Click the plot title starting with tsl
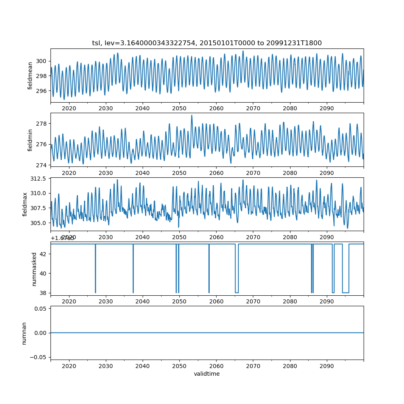pos(207,43)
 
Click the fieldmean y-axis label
pos(30,76)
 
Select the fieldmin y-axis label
pos(30,140)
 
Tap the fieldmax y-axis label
pos(25,204)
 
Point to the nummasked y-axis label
pos(34,269)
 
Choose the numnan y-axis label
pos(24,333)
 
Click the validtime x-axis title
pos(207,374)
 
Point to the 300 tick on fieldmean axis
pos(42,61)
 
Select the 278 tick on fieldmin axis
pos(42,123)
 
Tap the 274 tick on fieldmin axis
pos(42,165)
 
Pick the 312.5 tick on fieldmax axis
pos(39,179)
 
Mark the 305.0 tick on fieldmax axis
pos(39,223)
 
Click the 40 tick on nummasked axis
pos(44,273)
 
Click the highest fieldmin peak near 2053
pos(191,116)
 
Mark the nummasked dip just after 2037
pos(133,292)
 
